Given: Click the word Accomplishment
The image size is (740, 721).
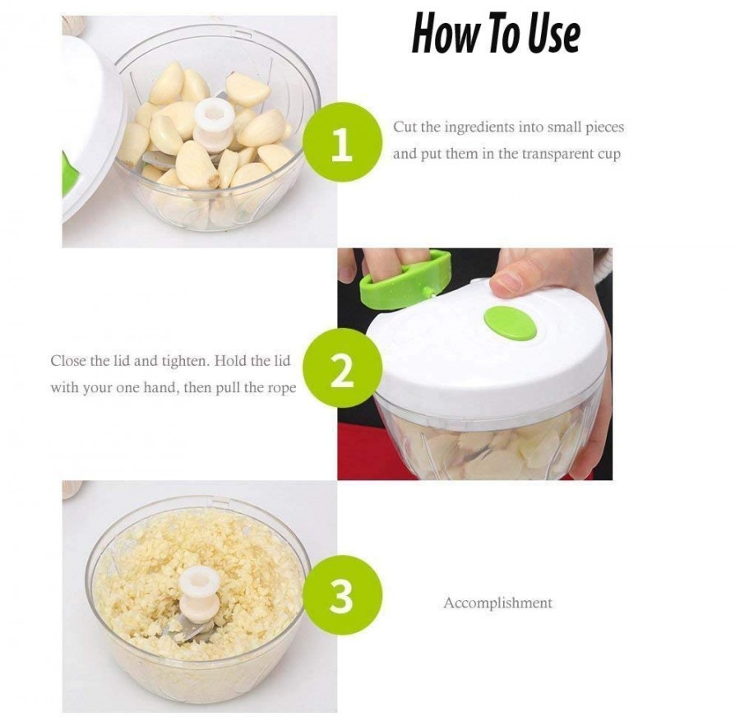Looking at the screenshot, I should [497, 603].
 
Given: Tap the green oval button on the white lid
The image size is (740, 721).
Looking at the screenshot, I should [510, 322].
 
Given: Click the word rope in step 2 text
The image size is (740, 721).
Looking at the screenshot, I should [278, 387].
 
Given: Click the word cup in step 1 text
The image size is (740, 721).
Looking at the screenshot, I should [607, 155].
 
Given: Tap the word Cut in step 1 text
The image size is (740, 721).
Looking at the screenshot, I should [404, 127].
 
